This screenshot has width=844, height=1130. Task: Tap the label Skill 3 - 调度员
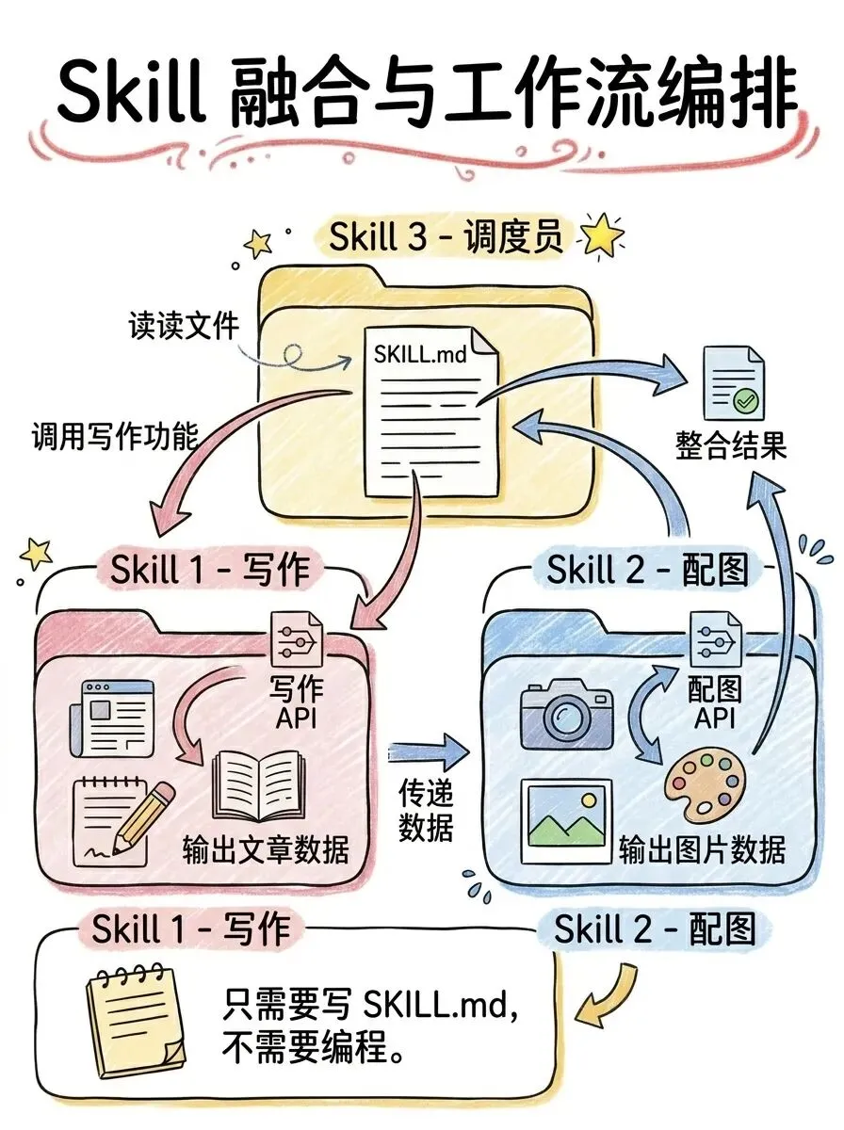click(445, 236)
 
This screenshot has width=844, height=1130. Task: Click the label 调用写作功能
click(114, 435)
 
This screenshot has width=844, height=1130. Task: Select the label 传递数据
click(425, 808)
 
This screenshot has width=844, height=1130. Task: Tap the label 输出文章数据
click(266, 850)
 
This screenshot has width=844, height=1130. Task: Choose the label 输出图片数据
click(701, 850)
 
